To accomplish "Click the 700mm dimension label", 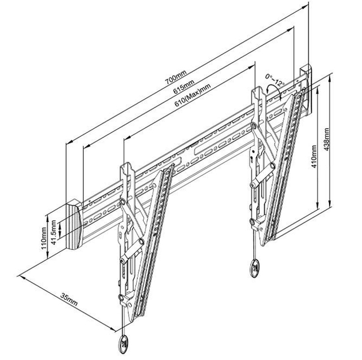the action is pos(175,77).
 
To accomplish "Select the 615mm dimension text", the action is pos(183,86).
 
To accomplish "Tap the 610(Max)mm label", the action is pos(192,95).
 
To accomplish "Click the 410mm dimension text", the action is pos(314,157).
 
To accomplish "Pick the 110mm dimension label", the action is pos(44,238).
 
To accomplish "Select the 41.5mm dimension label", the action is pos(53,232).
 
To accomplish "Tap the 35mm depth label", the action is pos(69,299).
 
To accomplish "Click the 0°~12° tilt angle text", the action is pos(275,79).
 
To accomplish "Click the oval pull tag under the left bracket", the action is pos(123,344).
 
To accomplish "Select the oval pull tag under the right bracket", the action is pos(255,269).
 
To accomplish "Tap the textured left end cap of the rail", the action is pos(74,224).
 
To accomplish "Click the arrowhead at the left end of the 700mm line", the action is pos(69,141).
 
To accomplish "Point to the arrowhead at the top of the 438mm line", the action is pos(330,77).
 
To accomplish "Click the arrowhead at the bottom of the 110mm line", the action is pos(47,255).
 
